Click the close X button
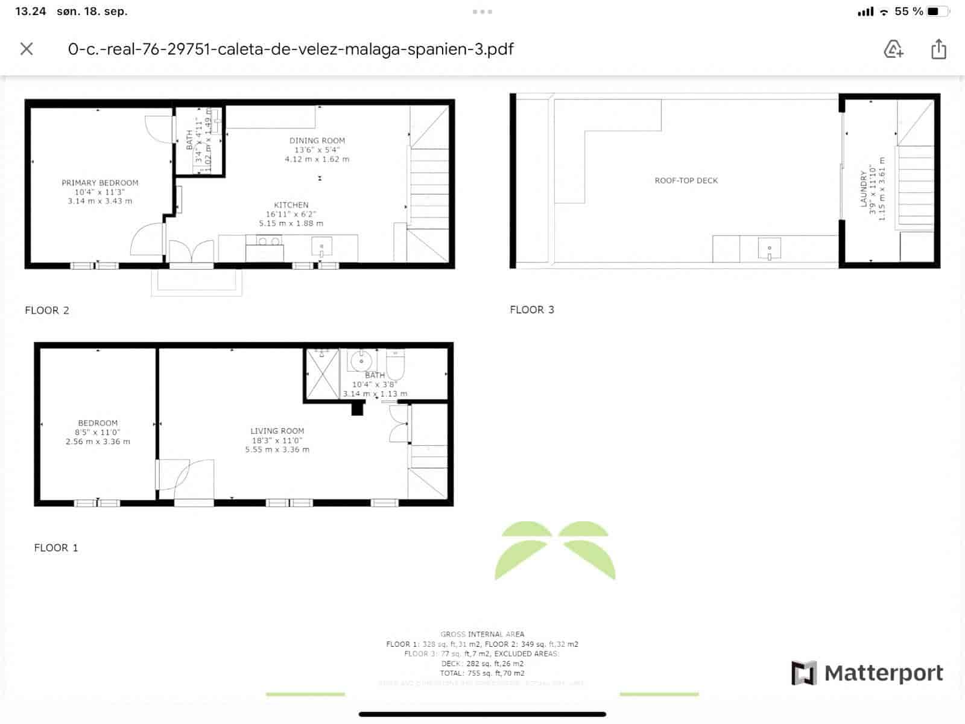(x=27, y=49)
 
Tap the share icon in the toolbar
(x=938, y=49)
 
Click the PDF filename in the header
(x=291, y=49)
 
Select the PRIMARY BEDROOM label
(x=100, y=183)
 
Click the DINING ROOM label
(x=317, y=141)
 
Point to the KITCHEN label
(x=291, y=205)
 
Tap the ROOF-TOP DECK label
(x=686, y=180)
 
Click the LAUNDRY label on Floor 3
(x=864, y=188)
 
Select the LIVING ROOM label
(x=277, y=431)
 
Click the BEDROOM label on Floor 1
(x=98, y=423)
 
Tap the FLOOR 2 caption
(x=47, y=310)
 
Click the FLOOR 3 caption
(x=532, y=310)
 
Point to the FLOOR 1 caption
(x=56, y=548)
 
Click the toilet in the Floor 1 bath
(x=396, y=363)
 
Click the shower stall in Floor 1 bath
(x=323, y=374)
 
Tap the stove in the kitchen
(x=264, y=241)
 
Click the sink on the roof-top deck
(x=769, y=248)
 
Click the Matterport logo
(x=867, y=673)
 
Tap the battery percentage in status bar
(x=908, y=11)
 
